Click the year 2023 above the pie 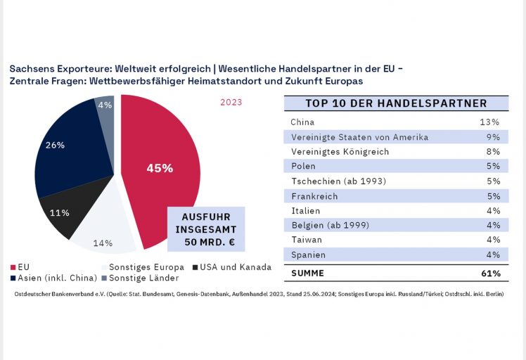pyautogui.click(x=231, y=102)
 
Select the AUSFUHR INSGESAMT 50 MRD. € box pyautogui.click(x=205, y=229)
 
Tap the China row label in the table pyautogui.click(x=303, y=122)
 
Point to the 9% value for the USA pyautogui.click(x=493, y=137)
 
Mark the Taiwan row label pyautogui.click(x=306, y=240)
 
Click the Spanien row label pyautogui.click(x=308, y=255)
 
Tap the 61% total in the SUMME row pyautogui.click(x=492, y=273)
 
